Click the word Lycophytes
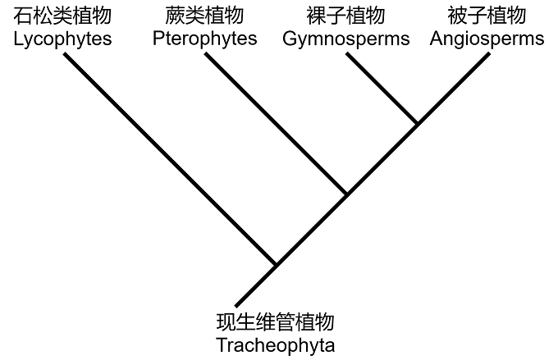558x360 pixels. point(63,39)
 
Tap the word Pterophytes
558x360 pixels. point(204,39)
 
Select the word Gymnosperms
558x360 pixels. point(345,39)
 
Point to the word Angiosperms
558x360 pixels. point(487,39)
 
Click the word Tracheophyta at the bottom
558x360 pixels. point(276,345)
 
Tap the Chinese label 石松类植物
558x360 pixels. point(63,16)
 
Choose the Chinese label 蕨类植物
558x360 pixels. point(204,16)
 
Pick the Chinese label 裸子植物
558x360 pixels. point(345,16)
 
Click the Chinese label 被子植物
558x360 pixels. point(487,16)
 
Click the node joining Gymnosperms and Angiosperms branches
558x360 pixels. point(417,124)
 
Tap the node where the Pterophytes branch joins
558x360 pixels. point(346,194)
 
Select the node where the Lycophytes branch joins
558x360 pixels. point(276,265)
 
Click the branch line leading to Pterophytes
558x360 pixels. point(275,124)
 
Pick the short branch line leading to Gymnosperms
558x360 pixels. point(382,89)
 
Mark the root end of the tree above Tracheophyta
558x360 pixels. point(236,304)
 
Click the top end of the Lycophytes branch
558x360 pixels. point(65,55)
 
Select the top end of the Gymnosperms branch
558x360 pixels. point(347,55)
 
